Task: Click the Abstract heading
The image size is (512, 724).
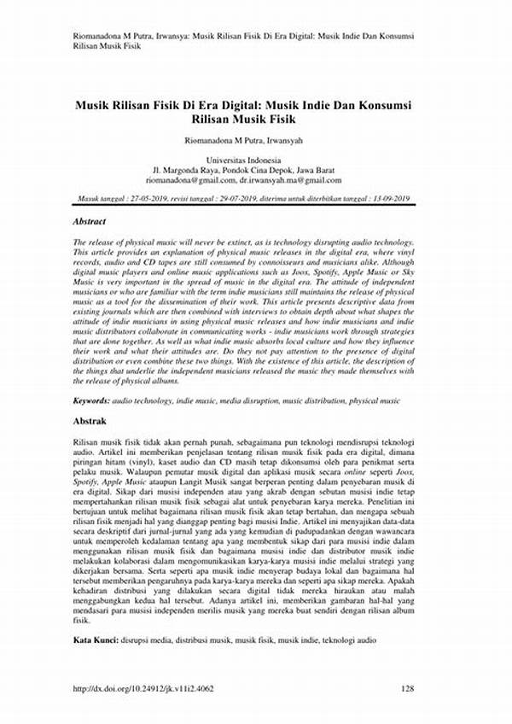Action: click(x=90, y=221)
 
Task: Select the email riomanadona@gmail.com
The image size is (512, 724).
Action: click(x=190, y=180)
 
